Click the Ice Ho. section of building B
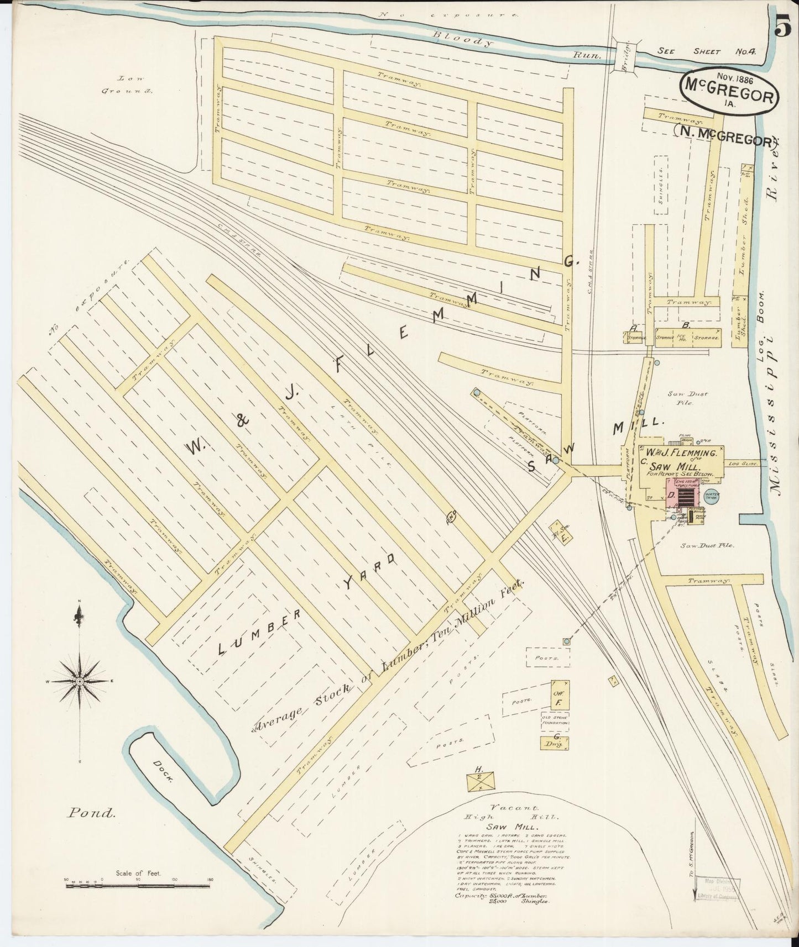pos(681,336)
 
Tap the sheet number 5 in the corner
pos(783,25)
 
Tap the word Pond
pos(92,813)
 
